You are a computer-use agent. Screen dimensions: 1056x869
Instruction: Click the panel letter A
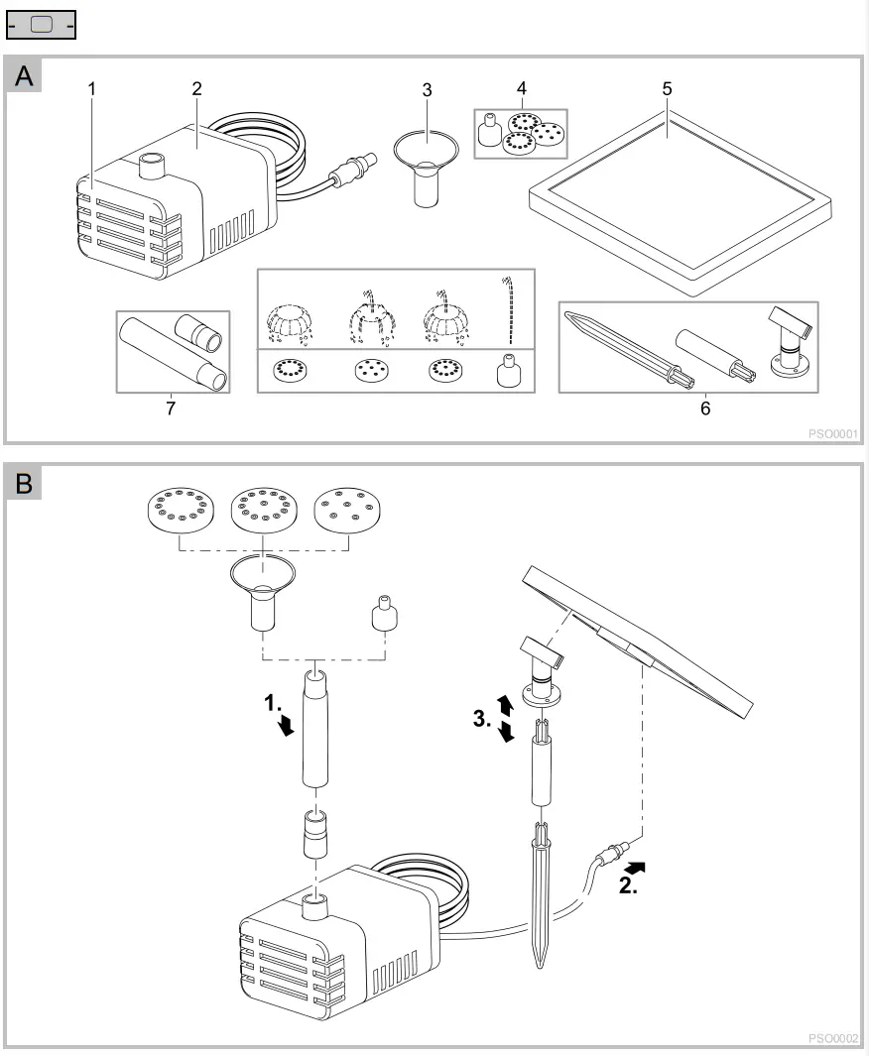click(x=24, y=76)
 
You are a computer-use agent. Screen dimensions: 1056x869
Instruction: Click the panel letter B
click(x=24, y=484)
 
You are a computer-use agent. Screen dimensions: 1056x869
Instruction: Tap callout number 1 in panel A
click(x=92, y=88)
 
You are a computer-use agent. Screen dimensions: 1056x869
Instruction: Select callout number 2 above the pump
click(x=196, y=88)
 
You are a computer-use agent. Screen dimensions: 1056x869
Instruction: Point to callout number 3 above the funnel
click(x=427, y=89)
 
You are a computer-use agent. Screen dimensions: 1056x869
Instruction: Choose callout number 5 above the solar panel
click(x=668, y=88)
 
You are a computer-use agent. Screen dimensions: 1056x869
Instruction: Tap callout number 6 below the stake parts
click(x=705, y=408)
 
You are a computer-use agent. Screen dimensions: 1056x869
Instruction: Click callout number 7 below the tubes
click(x=171, y=409)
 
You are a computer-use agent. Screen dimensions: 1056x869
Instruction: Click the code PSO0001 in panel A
click(x=833, y=432)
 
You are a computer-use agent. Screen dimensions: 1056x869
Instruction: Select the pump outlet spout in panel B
click(x=316, y=904)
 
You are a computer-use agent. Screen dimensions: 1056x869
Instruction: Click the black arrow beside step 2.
click(x=636, y=867)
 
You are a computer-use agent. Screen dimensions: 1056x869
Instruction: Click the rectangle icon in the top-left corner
click(x=41, y=24)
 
